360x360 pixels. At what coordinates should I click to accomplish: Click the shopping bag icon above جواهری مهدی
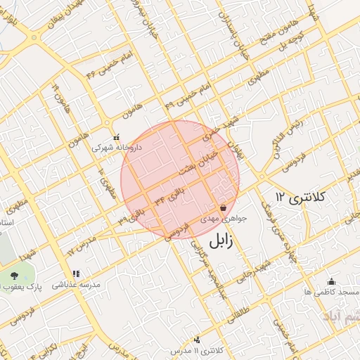click(223, 208)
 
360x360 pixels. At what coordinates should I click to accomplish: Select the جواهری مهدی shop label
click(224, 219)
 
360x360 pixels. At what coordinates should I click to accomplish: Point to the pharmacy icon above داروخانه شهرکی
click(117, 137)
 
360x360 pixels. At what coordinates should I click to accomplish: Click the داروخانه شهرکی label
click(117, 148)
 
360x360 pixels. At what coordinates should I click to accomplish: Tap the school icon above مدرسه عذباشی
click(76, 274)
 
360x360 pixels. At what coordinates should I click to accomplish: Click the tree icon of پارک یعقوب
click(15, 276)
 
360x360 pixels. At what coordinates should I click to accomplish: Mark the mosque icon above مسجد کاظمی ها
click(331, 281)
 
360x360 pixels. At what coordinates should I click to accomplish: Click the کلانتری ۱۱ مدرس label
click(217, 350)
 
